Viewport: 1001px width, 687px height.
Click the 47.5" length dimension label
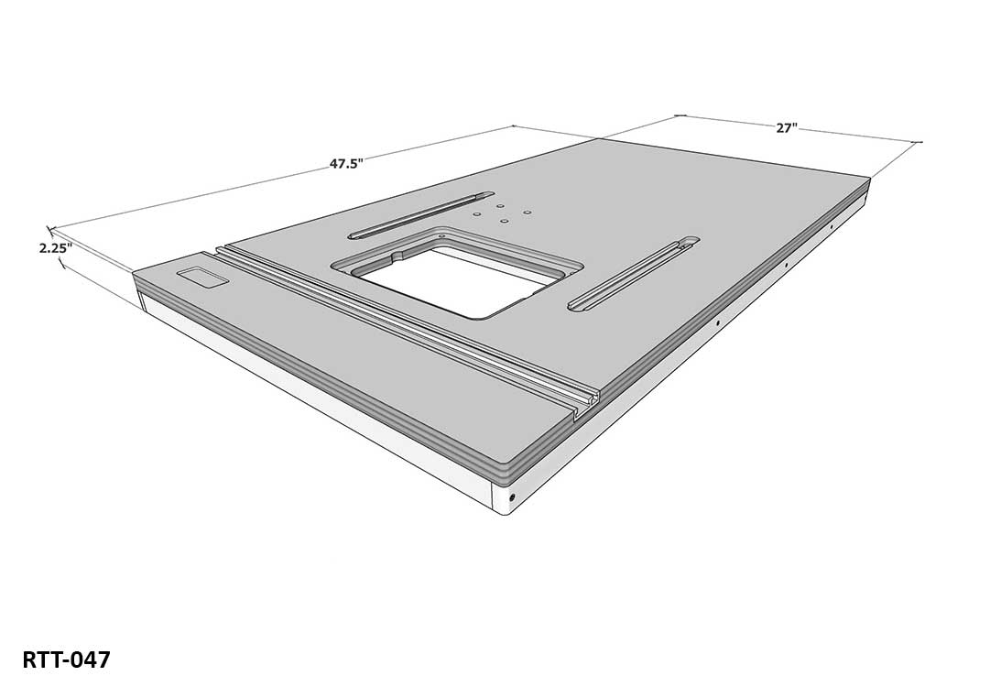tap(347, 164)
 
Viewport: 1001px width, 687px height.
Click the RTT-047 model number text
tap(66, 660)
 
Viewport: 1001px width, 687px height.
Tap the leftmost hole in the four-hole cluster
tap(476, 213)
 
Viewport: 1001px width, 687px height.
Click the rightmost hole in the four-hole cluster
tap(528, 212)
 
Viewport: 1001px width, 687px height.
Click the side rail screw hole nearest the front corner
tap(512, 497)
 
